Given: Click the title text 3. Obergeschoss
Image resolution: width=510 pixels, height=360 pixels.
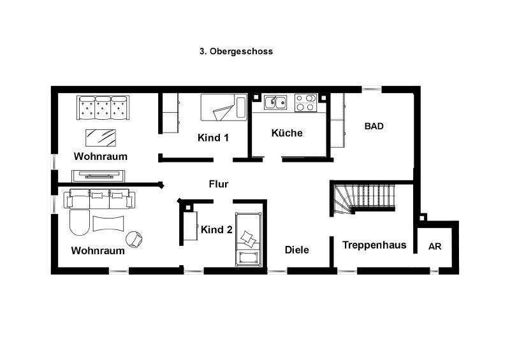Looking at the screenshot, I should [236, 52].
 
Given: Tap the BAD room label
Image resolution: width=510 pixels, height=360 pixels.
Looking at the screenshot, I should [374, 126].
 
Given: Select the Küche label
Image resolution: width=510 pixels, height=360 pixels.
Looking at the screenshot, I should [287, 133].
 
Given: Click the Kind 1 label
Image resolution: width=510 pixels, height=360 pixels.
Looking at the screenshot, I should [213, 138].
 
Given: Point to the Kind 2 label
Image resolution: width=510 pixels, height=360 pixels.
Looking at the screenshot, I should [216, 230].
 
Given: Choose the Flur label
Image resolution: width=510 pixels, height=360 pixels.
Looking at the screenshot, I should [219, 184].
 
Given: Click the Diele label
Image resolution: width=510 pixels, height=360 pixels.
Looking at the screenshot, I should [297, 250].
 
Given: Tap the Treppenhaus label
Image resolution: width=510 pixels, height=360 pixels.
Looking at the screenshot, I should [374, 245].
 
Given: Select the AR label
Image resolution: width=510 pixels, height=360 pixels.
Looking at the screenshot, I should [435, 247].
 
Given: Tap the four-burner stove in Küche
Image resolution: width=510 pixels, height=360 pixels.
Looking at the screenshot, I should [306, 102].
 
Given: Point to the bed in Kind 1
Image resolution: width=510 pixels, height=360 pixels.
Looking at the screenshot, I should [223, 107].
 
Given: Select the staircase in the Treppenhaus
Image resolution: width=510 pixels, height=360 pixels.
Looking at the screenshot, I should [363, 199].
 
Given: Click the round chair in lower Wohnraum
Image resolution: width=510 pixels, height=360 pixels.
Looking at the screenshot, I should [135, 239].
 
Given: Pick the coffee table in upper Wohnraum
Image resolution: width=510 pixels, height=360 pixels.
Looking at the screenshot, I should [101, 137].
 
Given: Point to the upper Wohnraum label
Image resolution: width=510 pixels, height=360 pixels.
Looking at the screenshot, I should [101, 156].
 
